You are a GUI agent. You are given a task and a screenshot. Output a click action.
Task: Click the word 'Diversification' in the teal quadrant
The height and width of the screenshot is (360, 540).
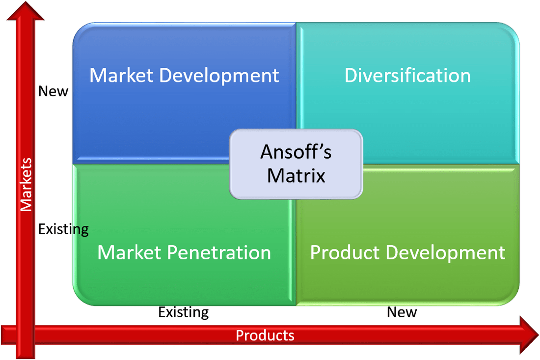407,76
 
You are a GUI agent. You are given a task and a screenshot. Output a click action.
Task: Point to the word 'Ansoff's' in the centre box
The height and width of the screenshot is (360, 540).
296,152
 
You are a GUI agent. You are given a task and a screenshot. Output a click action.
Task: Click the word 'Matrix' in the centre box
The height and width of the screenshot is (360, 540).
296,175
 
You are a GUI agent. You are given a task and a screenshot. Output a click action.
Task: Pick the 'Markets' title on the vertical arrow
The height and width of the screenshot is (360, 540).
26,185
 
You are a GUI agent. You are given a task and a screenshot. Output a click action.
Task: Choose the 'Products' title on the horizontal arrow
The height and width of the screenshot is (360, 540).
265,335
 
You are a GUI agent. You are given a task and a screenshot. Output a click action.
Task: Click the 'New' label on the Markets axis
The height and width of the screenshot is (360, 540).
53,91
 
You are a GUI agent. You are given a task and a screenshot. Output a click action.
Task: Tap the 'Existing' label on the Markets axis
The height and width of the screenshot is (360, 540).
63,229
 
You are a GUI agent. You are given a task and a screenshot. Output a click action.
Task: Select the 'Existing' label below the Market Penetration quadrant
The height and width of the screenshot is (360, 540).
183,312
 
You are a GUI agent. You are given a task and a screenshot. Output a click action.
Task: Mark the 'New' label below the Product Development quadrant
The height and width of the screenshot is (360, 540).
402,312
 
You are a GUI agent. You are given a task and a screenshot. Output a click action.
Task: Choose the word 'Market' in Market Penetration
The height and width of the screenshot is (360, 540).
129,252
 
